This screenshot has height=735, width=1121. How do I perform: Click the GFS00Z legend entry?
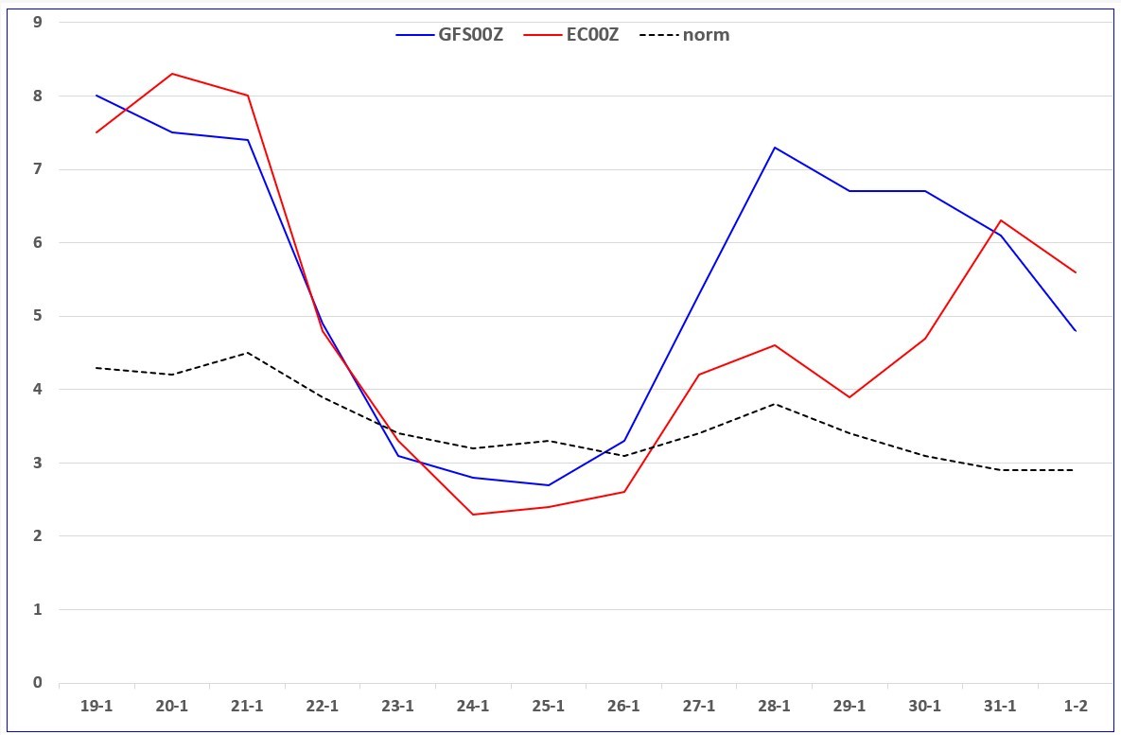(x=449, y=35)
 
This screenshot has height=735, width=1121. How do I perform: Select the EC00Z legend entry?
(x=571, y=35)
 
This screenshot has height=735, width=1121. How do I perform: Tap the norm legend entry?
(x=685, y=35)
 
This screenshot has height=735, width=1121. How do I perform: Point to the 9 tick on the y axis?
(x=37, y=22)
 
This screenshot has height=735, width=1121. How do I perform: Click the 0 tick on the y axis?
(x=37, y=683)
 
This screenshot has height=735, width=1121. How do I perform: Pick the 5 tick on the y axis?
(x=37, y=316)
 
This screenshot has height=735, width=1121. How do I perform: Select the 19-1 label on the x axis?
(x=96, y=707)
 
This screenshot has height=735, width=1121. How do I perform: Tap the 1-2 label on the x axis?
(x=1076, y=707)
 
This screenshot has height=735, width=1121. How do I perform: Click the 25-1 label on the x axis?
(x=549, y=707)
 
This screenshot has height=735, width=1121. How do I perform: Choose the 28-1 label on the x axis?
(x=774, y=707)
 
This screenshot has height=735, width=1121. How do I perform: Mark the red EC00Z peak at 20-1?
(x=172, y=74)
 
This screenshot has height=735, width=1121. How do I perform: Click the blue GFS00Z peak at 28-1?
(x=774, y=148)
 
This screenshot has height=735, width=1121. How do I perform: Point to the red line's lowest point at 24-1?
(x=473, y=514)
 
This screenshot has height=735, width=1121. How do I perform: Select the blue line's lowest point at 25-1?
(x=549, y=484)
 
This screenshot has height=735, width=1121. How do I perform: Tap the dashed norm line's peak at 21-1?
(x=247, y=353)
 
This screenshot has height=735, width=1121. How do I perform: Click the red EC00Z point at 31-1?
(x=1000, y=220)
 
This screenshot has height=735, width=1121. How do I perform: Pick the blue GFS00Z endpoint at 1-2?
(x=1076, y=330)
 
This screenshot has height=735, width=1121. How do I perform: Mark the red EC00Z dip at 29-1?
(x=850, y=396)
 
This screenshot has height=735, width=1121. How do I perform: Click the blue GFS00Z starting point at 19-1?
(x=96, y=96)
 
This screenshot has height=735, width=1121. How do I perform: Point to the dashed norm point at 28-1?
(x=774, y=404)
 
